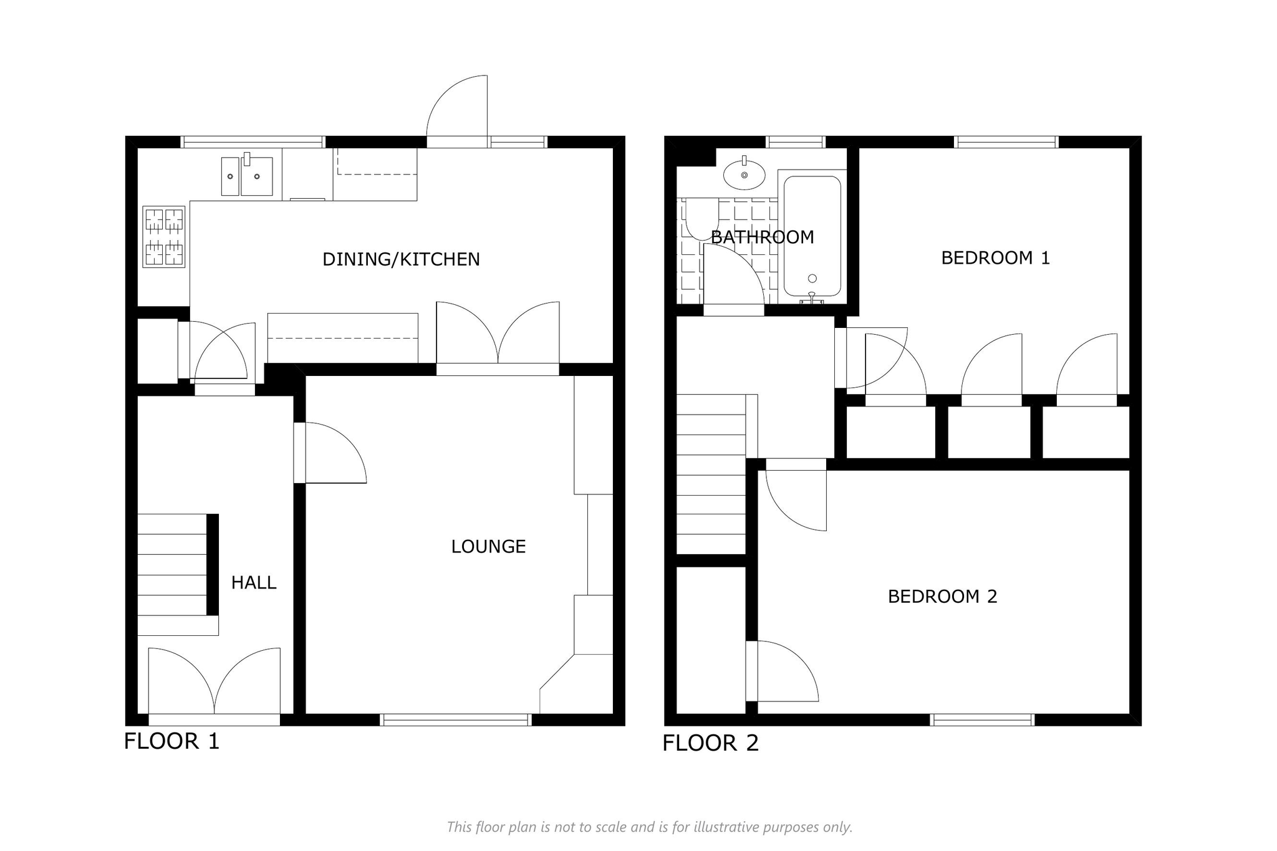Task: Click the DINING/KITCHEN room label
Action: [x=401, y=259]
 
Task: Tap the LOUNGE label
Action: [x=488, y=547]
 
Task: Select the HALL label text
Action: [x=254, y=583]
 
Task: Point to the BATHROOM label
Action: [x=762, y=238]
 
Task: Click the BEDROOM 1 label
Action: [x=995, y=258]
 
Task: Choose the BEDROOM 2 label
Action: [x=942, y=597]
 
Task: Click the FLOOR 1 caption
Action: [x=171, y=741]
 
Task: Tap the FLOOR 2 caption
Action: [x=710, y=743]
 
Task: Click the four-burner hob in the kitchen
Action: [x=164, y=237]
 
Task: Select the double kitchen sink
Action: [x=248, y=176]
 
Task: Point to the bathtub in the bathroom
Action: [x=812, y=236]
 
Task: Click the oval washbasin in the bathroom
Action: [x=745, y=174]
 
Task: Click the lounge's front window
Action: [x=456, y=720]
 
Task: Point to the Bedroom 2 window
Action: [x=982, y=720]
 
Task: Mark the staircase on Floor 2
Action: [x=711, y=474]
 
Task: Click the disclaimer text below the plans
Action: [x=649, y=827]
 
